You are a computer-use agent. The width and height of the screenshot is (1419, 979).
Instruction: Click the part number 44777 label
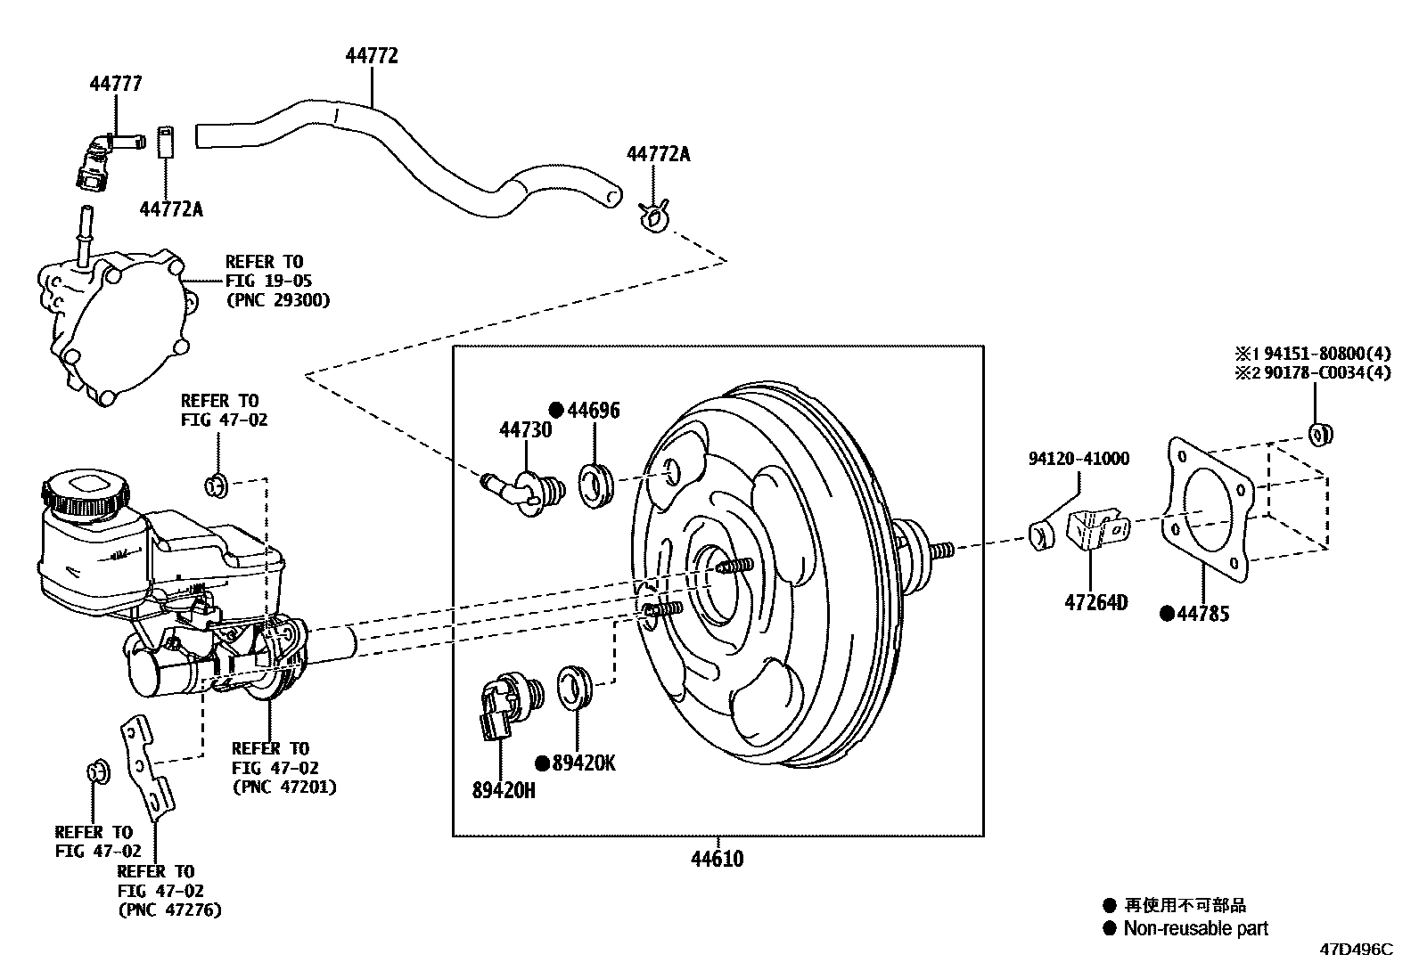115,84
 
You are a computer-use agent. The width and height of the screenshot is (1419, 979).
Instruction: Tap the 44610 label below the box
717,859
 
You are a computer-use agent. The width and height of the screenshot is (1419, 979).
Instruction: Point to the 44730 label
525,430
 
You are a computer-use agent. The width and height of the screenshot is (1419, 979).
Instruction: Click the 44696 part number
593,410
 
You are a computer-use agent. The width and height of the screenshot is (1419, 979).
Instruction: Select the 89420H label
504,789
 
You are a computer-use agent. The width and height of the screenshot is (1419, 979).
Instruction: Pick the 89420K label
583,763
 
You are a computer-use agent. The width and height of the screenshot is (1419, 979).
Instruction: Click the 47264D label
1095,602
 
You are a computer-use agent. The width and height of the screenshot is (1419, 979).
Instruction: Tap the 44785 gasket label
1202,613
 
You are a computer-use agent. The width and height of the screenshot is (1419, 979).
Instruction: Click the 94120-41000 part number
1078,459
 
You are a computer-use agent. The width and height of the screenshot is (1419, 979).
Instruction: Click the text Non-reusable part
1194,928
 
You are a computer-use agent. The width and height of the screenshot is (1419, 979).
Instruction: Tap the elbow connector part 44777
101,159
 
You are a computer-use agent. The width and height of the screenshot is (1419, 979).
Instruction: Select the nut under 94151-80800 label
1320,434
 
